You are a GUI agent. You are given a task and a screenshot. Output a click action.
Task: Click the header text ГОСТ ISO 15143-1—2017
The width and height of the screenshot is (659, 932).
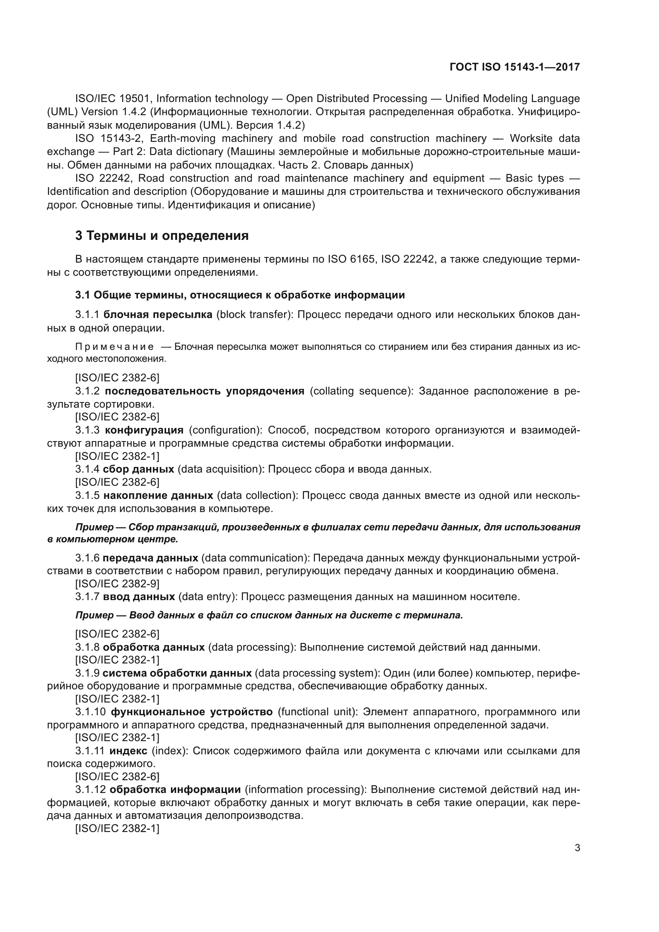point(514,67)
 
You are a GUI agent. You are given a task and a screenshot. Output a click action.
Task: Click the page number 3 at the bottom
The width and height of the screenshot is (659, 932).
point(577,848)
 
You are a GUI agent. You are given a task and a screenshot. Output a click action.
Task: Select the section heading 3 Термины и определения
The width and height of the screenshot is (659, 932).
point(161,236)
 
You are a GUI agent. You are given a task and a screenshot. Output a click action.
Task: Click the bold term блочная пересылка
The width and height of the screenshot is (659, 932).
point(158,315)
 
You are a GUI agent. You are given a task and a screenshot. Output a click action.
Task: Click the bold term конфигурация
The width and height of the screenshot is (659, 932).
point(144,430)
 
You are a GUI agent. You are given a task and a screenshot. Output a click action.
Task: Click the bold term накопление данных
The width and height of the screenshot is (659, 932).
point(158,496)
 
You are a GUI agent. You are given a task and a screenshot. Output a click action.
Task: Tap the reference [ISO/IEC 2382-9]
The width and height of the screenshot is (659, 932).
point(117,584)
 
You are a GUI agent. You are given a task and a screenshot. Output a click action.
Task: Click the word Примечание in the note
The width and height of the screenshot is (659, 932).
point(114,347)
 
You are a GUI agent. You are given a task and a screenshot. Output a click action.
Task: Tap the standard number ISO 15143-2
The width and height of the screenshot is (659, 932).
point(109,138)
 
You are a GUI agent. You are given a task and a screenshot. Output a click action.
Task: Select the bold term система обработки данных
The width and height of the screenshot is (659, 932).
point(177,673)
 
